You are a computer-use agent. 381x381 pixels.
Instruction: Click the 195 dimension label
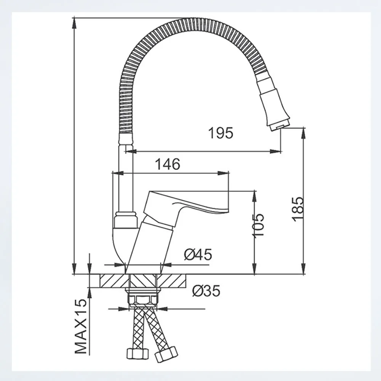coord(221,133)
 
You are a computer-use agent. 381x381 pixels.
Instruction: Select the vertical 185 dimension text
coord(298,209)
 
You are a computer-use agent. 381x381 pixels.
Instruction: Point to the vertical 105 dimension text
coord(258,225)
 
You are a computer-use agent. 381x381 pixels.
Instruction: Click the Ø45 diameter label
coord(198,255)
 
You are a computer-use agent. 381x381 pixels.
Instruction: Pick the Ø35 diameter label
coord(206,291)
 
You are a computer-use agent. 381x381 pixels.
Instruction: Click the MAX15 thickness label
coord(81,326)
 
